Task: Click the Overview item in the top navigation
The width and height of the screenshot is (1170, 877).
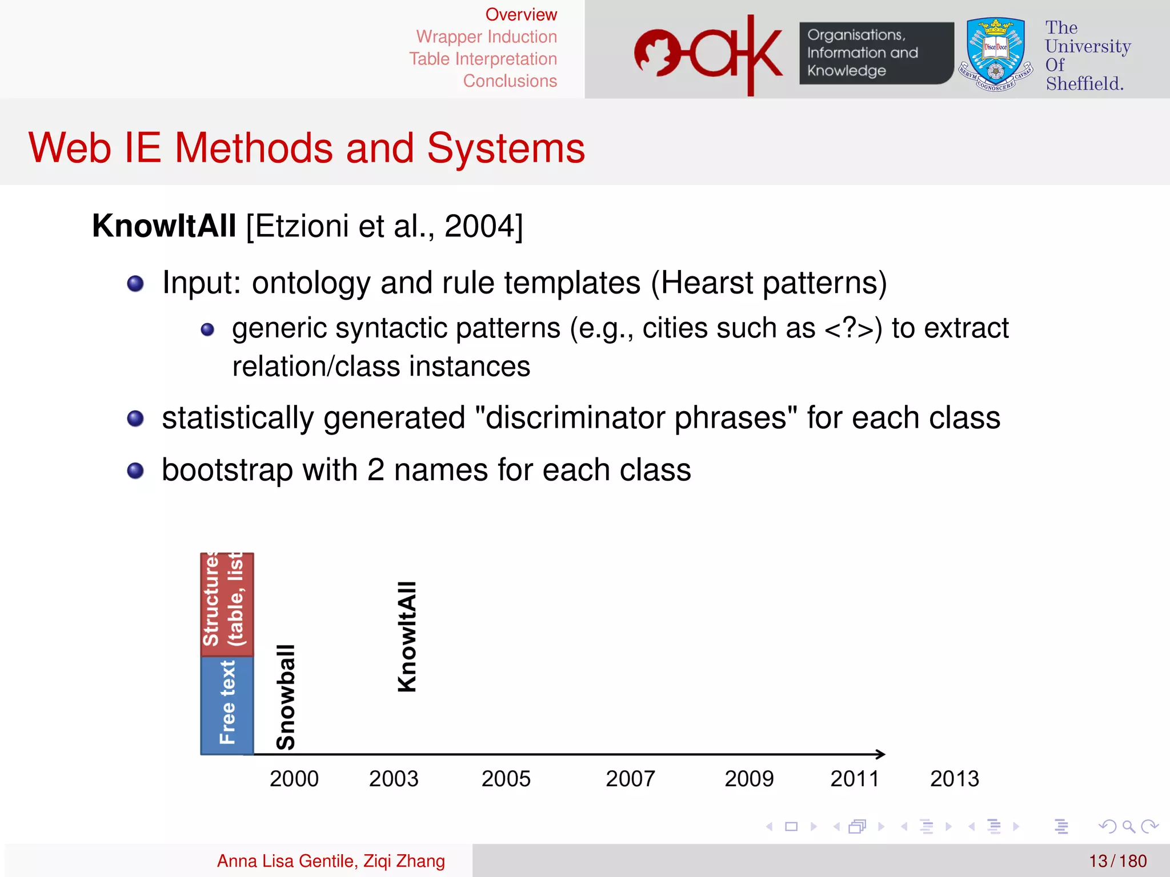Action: coord(520,15)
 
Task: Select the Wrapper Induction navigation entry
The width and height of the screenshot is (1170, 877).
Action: coord(486,37)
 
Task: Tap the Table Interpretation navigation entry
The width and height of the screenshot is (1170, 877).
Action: coord(483,59)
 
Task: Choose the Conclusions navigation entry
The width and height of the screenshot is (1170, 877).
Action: coord(510,81)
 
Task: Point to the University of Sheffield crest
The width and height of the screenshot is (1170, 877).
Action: coord(995,54)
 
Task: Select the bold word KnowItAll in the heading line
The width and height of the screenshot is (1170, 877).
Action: coord(164,226)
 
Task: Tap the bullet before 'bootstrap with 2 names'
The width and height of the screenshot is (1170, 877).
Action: coord(135,471)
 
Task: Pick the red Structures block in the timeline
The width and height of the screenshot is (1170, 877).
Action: coord(227,604)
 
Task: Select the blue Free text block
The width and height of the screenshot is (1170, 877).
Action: coord(227,705)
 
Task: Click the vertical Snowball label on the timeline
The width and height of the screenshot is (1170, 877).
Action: coord(285,697)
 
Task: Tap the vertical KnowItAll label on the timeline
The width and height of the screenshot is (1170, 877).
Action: coord(407,637)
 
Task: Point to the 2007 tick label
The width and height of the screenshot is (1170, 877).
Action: coord(630,779)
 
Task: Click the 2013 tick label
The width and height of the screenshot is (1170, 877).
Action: coord(954,779)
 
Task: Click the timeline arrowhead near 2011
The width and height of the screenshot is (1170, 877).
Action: coord(880,754)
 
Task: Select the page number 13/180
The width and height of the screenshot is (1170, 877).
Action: coord(1117,861)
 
